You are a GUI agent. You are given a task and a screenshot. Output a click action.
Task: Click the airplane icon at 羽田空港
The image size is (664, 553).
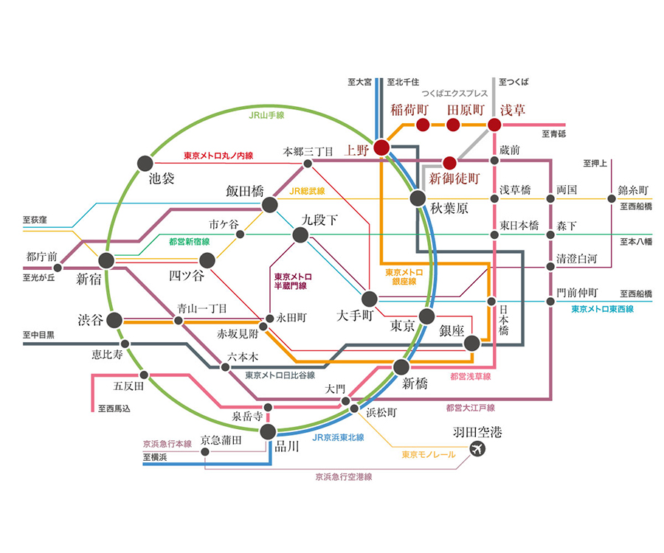coord(477,448)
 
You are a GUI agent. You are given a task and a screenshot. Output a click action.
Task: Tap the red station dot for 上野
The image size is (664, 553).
coord(381,147)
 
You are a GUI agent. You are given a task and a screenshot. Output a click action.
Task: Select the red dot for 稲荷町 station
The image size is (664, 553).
coord(423,125)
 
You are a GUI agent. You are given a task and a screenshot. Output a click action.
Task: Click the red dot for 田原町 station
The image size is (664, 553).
coord(453,125)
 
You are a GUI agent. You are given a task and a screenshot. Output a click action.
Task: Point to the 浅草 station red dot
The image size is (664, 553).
coord(494,125)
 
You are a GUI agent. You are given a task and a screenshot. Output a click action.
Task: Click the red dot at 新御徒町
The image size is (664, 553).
coord(449,163)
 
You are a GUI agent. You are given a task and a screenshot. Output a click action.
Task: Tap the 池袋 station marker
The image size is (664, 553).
coord(145,163)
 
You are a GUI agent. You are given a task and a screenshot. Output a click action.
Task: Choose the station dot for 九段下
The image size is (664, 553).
coord(300,234)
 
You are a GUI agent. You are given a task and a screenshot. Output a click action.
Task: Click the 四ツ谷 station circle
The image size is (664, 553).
coord(207,260)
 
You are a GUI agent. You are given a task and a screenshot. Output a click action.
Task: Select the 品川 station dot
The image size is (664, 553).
coord(268,431)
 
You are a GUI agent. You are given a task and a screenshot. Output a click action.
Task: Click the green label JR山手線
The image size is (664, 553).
coord(266,115)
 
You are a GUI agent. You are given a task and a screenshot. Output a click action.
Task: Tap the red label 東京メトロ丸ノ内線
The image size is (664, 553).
coord(218,156)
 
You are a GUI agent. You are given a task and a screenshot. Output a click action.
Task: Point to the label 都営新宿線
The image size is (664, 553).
coord(190,242)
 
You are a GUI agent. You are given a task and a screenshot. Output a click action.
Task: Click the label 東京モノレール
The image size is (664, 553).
coord(429,454)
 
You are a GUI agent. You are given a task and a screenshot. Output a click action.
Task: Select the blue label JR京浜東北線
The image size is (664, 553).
coord(338,437)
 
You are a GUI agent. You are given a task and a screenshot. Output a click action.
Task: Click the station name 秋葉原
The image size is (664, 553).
coord(449,208)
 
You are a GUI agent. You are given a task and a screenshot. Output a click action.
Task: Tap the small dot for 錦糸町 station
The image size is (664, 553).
coord(612,198)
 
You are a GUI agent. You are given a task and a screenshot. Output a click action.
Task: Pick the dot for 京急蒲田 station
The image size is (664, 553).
coord(205,452)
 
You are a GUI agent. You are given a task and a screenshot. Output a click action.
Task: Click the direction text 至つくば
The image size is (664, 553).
coord(513,82)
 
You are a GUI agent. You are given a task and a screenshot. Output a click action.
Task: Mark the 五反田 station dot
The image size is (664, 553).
coord(144,375)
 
